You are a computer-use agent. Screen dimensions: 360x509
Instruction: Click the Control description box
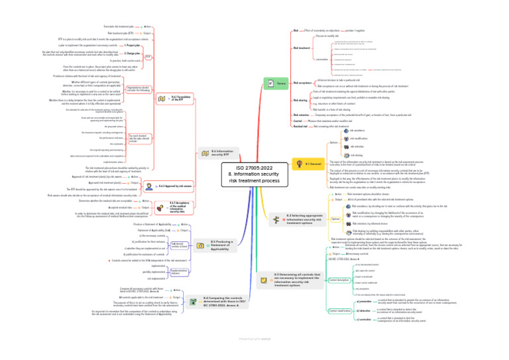click(x=339, y=280)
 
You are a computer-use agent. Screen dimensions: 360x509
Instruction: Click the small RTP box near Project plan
click(x=149, y=57)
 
